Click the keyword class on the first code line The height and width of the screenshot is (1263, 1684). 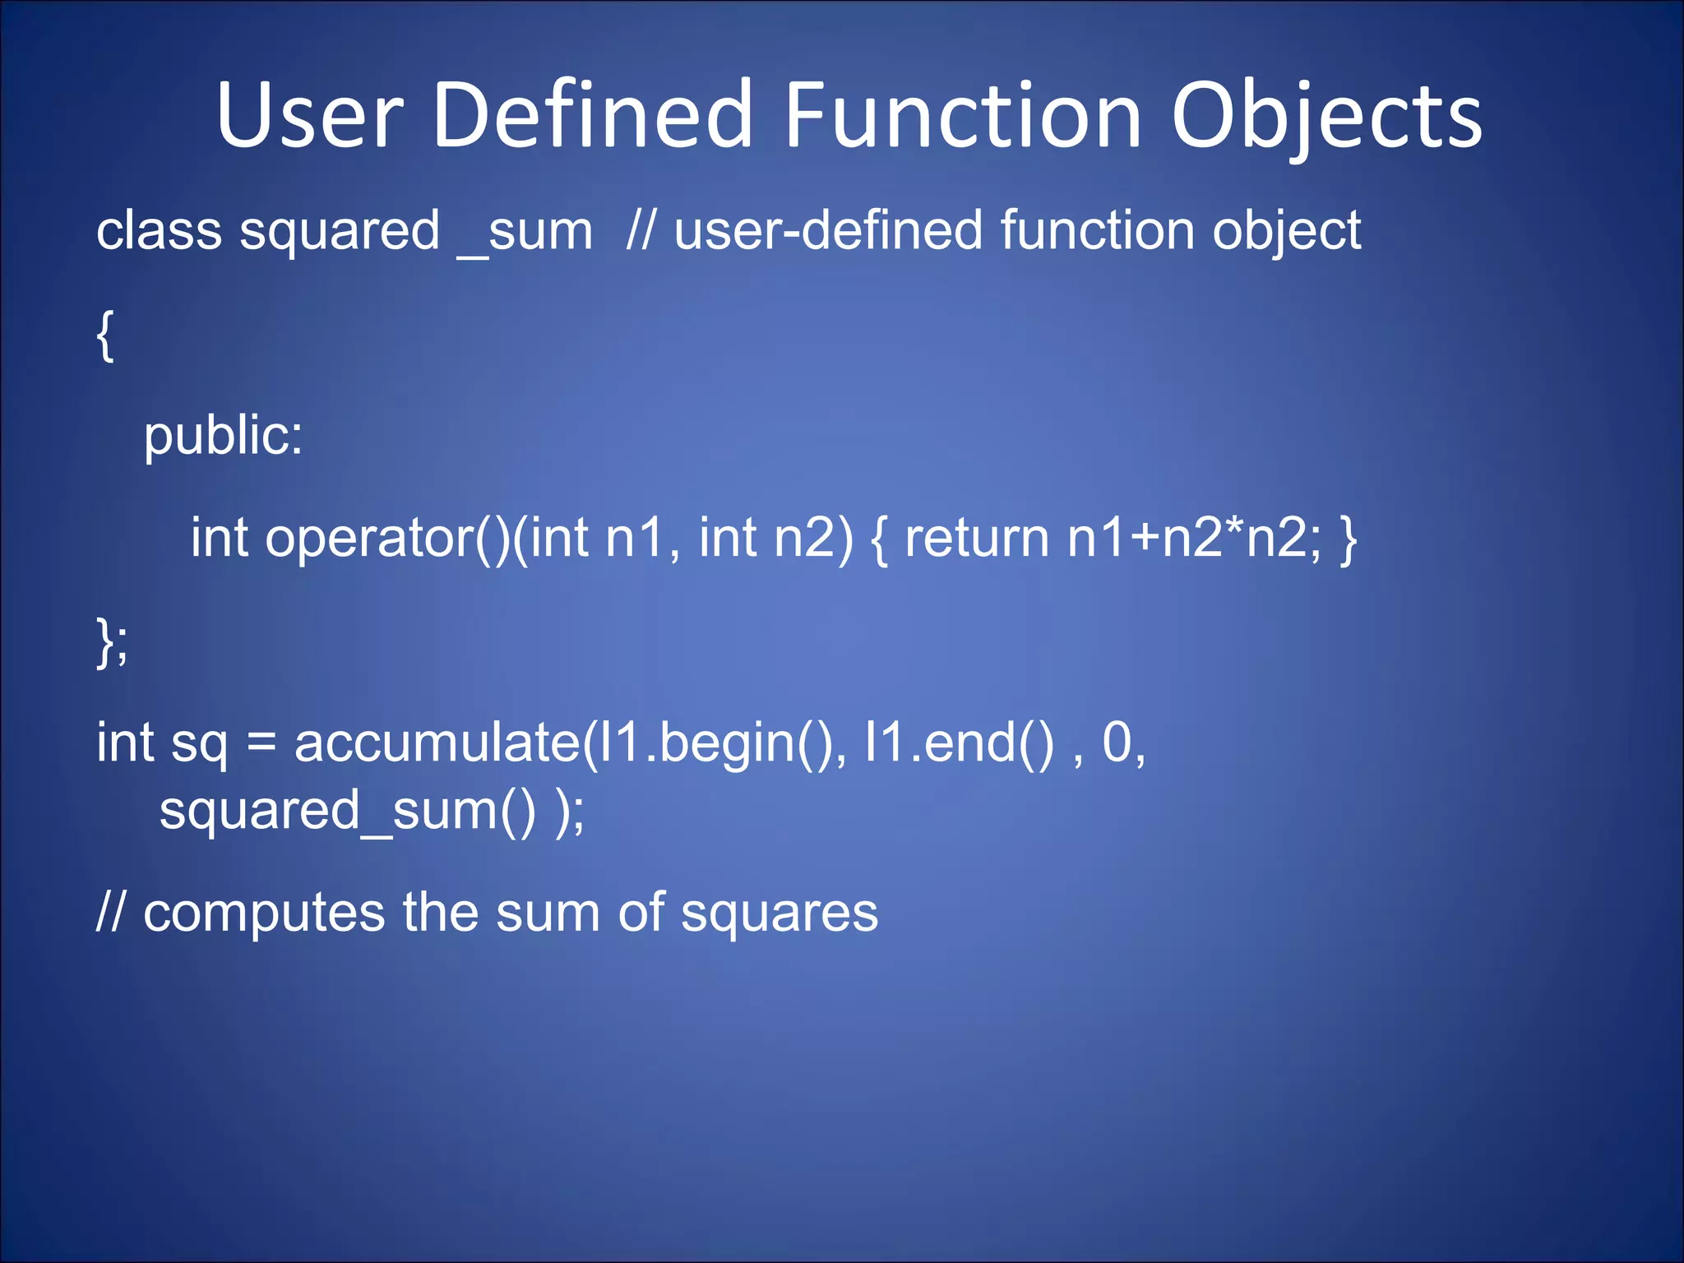click(159, 230)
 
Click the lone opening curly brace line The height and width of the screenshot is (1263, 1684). click(104, 335)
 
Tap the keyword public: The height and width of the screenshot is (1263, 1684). click(223, 436)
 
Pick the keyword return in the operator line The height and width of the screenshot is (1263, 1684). click(977, 539)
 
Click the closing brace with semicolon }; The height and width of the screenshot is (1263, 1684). click(112, 642)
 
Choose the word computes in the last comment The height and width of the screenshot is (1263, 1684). click(264, 913)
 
